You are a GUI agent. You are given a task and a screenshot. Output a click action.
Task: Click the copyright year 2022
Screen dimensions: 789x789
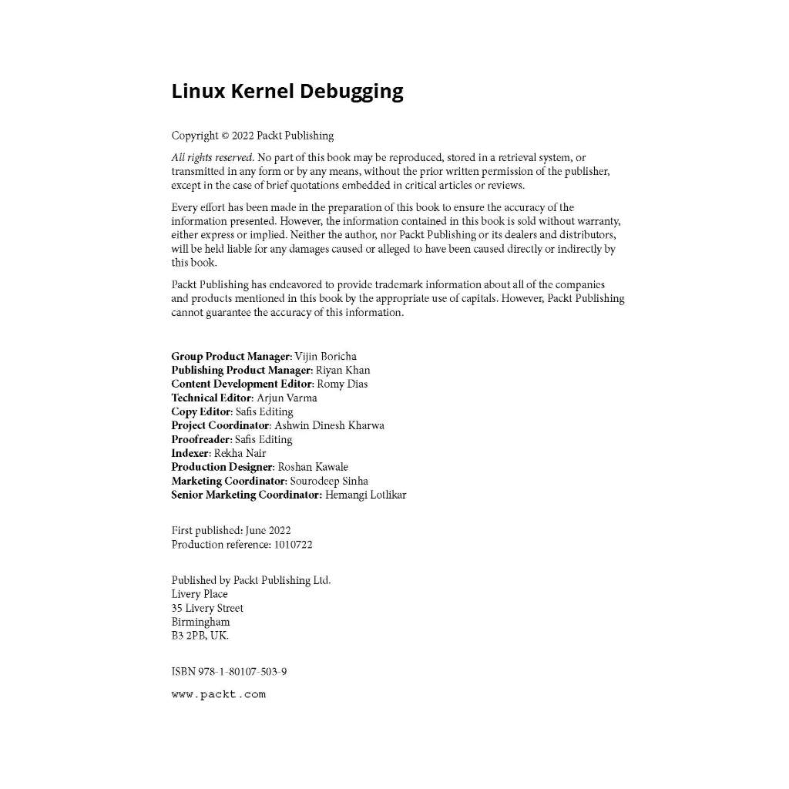click(243, 136)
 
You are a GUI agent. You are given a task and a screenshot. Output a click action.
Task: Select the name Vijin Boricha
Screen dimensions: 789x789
click(326, 357)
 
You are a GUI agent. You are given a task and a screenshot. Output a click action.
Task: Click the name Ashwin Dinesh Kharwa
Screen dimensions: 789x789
click(329, 426)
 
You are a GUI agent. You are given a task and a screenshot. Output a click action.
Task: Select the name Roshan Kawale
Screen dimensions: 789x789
click(313, 468)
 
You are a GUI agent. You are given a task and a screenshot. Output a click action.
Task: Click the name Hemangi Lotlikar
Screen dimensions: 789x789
click(365, 495)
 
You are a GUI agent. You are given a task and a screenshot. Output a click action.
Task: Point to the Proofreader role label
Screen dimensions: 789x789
click(200, 440)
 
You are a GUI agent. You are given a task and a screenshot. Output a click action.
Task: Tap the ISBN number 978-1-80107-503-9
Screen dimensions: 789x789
click(242, 672)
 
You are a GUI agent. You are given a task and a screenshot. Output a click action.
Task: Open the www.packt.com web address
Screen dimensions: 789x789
click(218, 694)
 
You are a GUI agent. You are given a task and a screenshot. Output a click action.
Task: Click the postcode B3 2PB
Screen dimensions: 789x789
click(190, 636)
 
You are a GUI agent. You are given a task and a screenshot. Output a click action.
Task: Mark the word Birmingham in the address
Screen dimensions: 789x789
click(200, 623)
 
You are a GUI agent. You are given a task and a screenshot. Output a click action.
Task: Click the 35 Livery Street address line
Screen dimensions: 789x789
click(207, 609)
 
